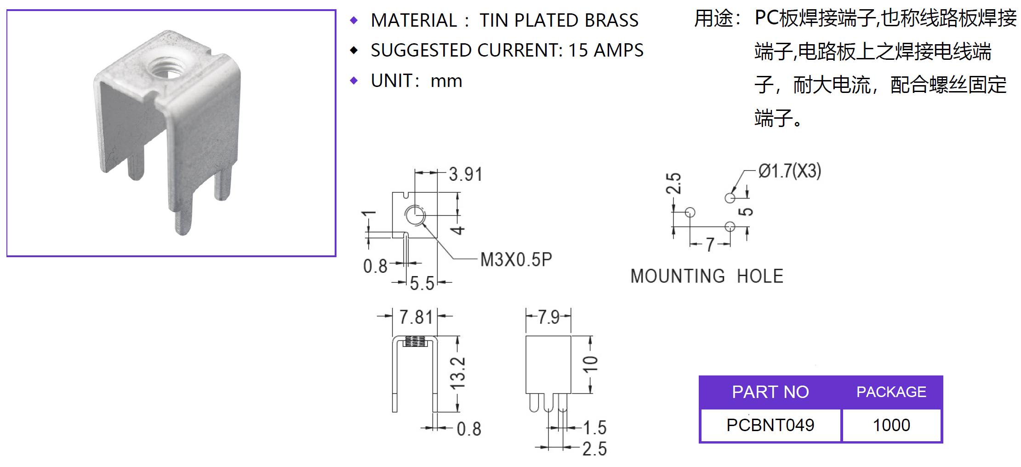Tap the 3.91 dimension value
pos(465,174)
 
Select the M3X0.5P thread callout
pos(516,260)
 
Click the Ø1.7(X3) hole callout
pos(789,171)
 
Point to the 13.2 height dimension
pos(458,373)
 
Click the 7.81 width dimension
pos(416,317)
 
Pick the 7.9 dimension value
pos(548,317)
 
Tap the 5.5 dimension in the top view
pos(422,283)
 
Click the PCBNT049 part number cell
pos(770,425)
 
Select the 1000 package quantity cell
pos(891,425)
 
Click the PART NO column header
pos(770,392)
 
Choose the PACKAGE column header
pos(891,392)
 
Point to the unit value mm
pos(446,81)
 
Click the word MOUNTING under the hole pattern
pos(678,276)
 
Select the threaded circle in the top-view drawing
pos(415,215)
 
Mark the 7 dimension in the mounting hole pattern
pos(710,244)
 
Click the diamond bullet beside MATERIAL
pos(354,20)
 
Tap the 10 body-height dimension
pos(590,363)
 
